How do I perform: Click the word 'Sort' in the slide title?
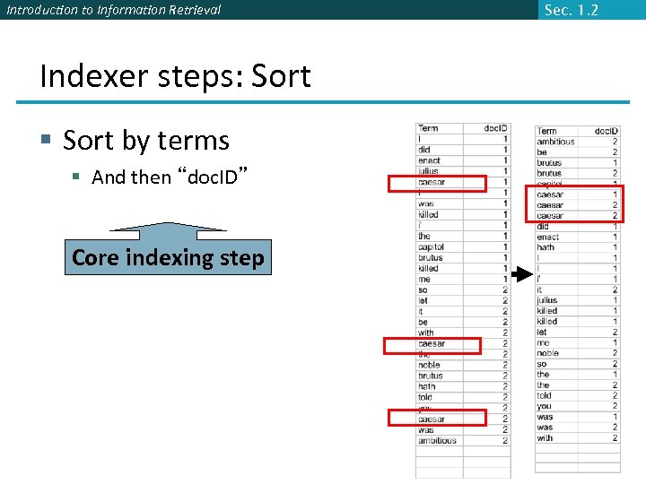click(281, 76)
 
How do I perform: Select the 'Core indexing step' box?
click(168, 258)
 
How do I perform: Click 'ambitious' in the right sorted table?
click(555, 142)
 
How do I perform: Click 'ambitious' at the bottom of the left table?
click(437, 440)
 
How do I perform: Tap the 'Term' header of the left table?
click(428, 128)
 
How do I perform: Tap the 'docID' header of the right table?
click(606, 131)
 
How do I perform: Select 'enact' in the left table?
click(429, 160)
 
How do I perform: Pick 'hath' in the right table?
click(546, 247)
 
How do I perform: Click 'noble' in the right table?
click(547, 353)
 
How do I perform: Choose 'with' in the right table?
click(545, 438)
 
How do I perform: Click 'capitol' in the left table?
click(431, 246)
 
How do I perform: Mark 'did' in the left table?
click(424, 150)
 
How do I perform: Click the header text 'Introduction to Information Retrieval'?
click(113, 10)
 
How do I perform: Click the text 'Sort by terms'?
click(146, 141)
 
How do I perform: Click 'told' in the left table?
click(425, 397)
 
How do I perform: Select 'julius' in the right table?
click(546, 300)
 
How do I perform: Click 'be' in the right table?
click(542, 152)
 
